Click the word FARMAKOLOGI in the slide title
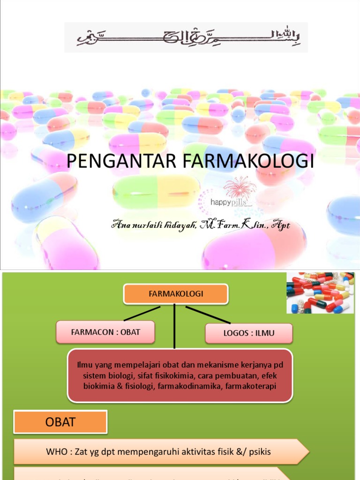[247, 161]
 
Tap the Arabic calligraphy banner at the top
[186, 37]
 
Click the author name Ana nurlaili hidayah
[155, 225]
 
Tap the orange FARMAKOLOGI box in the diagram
[175, 294]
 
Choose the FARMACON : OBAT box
[105, 332]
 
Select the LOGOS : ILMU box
[248, 333]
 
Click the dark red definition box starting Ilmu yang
[180, 375]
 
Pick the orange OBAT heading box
[60, 422]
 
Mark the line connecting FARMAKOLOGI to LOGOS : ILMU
[208, 315]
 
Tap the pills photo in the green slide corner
[320, 293]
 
